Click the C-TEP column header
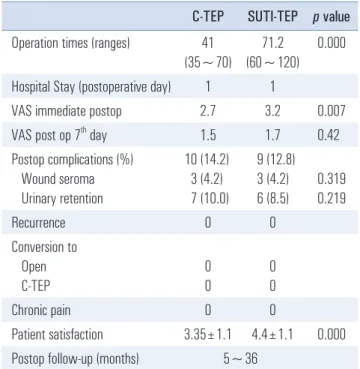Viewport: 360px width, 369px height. coord(208,17)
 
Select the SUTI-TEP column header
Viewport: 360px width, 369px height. coord(273,17)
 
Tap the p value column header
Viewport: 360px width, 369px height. coord(331,17)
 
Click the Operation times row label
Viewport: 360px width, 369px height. coord(70,44)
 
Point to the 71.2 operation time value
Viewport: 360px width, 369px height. coord(273,43)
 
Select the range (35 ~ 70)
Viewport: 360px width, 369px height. coord(208,63)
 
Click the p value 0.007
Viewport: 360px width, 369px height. coord(331,111)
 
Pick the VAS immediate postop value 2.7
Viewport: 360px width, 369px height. coord(208,111)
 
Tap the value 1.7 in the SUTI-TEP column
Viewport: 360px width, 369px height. coord(273,135)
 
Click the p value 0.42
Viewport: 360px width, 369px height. coord(328,135)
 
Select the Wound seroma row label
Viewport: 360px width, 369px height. coord(58,179)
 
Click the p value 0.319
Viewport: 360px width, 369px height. coord(331,179)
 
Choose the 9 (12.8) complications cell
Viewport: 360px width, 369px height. coord(273,160)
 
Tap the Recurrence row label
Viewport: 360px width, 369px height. coord(38,223)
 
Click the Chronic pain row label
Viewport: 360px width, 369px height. coord(41,310)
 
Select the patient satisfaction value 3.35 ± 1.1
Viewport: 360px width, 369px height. coord(208,335)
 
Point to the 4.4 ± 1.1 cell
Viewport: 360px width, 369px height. coord(273,335)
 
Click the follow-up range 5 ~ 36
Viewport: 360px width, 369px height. coord(240,359)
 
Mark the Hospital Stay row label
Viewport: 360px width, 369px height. coord(91,87)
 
